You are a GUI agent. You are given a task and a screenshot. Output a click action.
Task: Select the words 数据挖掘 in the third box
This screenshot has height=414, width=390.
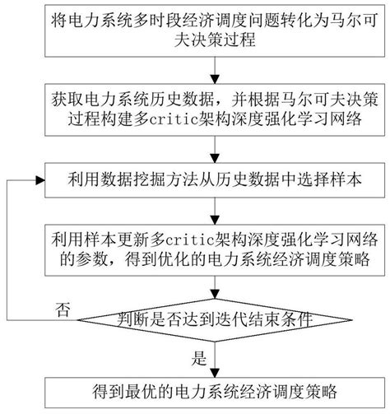(116, 179)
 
